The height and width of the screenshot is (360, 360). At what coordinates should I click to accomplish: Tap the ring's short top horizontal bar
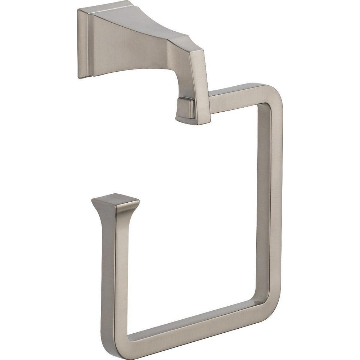[234, 95]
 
